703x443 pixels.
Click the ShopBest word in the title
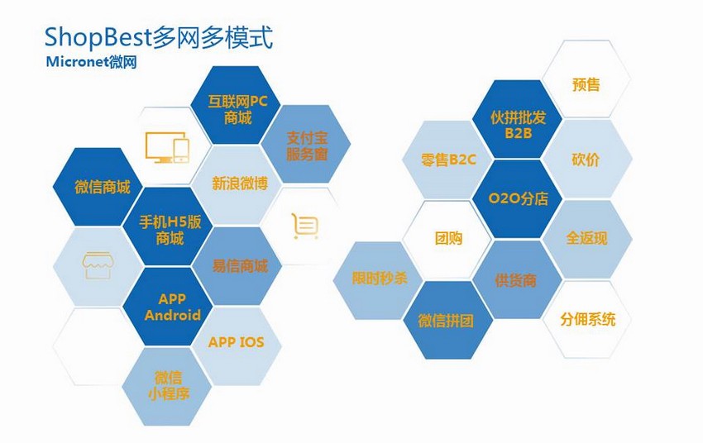coord(98,38)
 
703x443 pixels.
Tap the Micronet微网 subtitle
coord(91,62)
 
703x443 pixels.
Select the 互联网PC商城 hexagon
coord(236,105)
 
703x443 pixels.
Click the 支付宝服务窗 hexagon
coord(306,145)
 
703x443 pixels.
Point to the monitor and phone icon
coord(167,147)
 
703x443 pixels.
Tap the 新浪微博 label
coord(240,183)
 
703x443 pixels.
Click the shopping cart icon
coord(305,226)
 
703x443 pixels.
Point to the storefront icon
coord(98,265)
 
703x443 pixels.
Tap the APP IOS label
coord(237,342)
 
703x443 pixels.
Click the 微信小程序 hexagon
coord(167,387)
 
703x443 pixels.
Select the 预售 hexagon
coord(586,79)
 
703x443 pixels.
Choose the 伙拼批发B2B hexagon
coord(518,119)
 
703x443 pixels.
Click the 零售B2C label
coord(448,160)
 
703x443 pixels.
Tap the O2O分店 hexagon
coord(518,198)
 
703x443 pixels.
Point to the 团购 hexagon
coord(447,239)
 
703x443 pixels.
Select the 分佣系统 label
coord(587,319)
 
